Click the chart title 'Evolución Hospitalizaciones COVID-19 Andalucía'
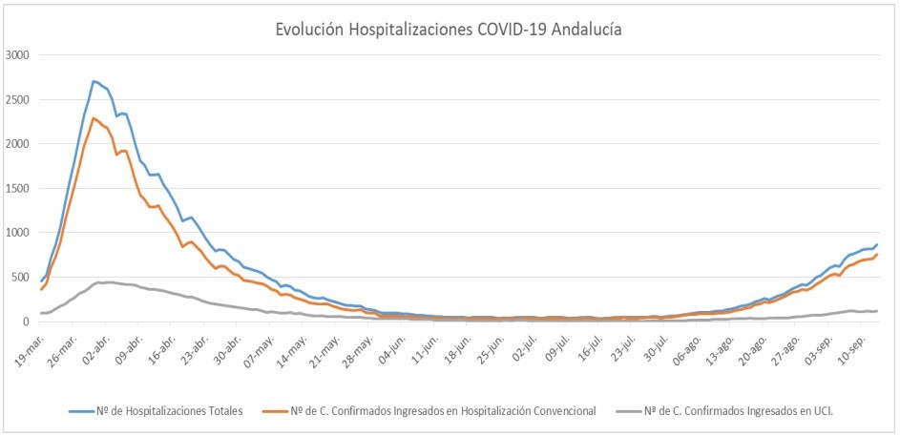[x=449, y=30]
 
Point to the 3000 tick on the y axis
[x=17, y=55]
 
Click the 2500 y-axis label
[x=17, y=100]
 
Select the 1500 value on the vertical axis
[x=17, y=188]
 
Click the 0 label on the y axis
[x=29, y=322]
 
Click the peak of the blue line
[x=93, y=81]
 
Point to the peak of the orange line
[x=93, y=118]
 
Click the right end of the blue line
[x=877, y=244]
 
